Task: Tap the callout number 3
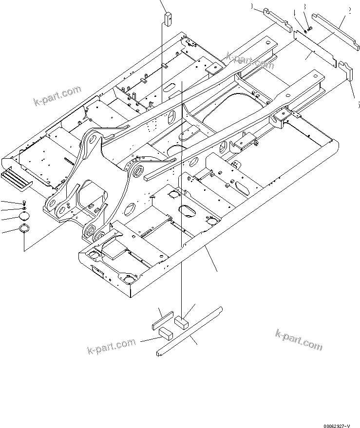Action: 304,7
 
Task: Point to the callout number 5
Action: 358,104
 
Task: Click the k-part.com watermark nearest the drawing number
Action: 298,339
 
